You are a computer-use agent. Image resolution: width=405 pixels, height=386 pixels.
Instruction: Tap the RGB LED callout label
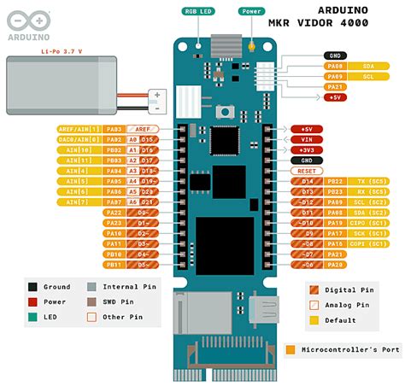(x=197, y=12)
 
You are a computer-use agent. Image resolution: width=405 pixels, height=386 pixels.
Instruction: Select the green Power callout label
(x=253, y=12)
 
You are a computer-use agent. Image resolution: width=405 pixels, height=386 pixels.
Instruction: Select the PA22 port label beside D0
(x=114, y=212)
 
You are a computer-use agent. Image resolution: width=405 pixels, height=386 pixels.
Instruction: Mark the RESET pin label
(x=307, y=169)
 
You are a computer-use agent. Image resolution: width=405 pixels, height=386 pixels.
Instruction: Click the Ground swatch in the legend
(x=32, y=288)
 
